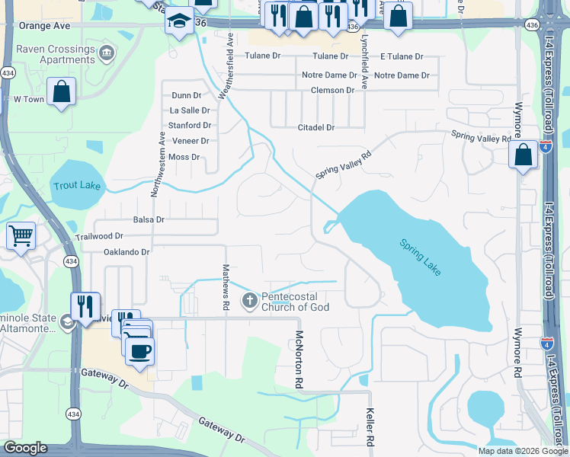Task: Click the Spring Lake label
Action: coord(421,257)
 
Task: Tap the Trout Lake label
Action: coord(76,185)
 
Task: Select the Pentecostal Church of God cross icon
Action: coord(249,301)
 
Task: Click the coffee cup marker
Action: coord(139,351)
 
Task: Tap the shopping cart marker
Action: coord(21,235)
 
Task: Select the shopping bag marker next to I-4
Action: coord(524,155)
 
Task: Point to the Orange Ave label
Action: coord(44,25)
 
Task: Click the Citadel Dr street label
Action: coord(315,127)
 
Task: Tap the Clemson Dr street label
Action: coord(332,90)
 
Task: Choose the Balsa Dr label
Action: coord(149,219)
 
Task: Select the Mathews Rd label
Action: coord(226,287)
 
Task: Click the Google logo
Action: coord(25,448)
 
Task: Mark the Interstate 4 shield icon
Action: coord(546,146)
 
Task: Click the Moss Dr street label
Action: coord(184,157)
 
